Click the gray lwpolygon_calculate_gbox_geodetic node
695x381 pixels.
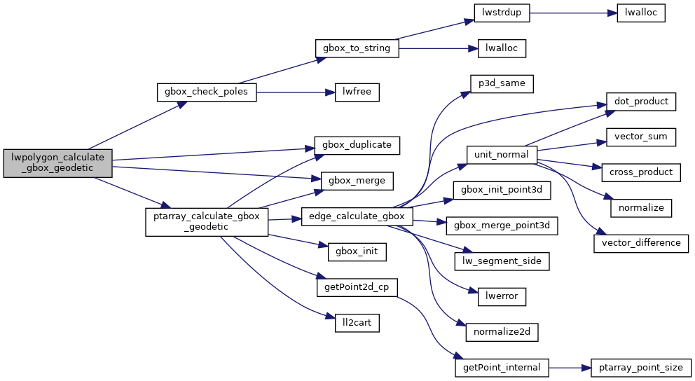coord(57,162)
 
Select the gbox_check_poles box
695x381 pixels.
coord(206,92)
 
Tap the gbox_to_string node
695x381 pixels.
coord(357,48)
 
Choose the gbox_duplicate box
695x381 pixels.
coord(357,145)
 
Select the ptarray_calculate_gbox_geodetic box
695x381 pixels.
coord(206,222)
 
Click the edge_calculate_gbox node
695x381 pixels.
coord(357,216)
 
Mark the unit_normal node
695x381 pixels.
coord(501,154)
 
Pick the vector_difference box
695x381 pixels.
coord(641,242)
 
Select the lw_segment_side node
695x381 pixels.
coord(501,261)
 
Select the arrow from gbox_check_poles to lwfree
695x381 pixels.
coord(291,92)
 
